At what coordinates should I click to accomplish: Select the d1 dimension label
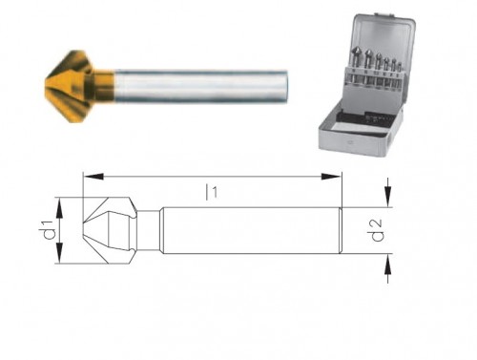tap(44, 230)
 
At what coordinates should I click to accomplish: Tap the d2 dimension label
tap(378, 229)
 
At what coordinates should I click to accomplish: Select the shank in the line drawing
tap(248, 230)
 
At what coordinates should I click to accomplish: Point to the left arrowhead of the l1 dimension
tap(88, 175)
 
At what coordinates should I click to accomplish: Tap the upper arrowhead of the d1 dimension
tap(59, 201)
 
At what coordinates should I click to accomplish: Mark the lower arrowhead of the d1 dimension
tap(59, 259)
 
